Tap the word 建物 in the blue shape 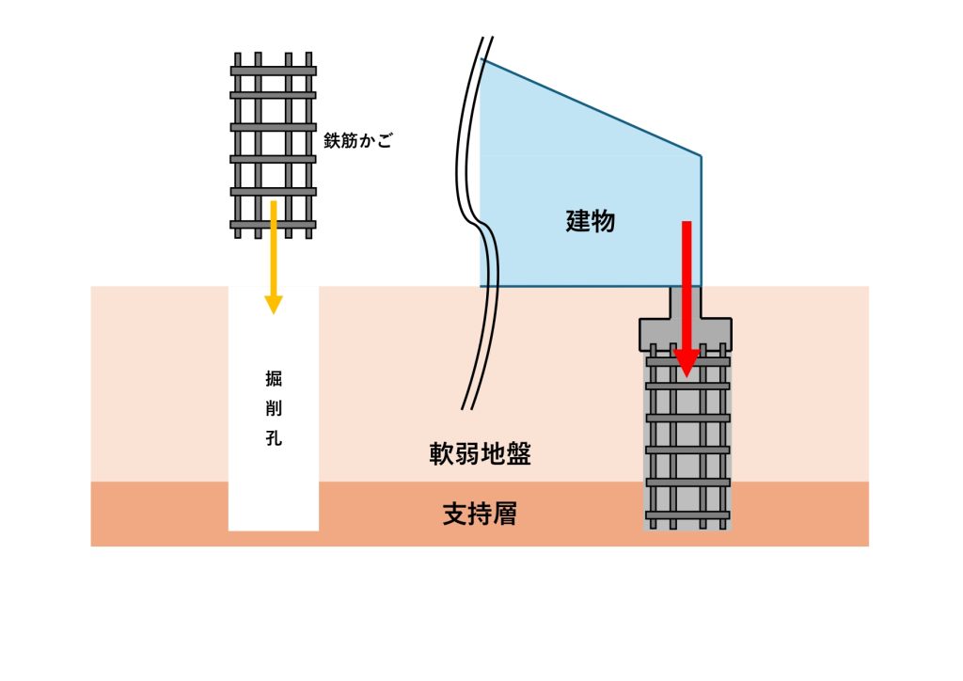pos(591,222)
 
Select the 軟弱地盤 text pos(480,454)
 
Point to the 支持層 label pos(480,515)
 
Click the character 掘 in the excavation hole pos(274,381)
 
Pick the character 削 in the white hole pos(274,410)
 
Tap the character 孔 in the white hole pos(274,439)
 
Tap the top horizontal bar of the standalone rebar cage pos(274,71)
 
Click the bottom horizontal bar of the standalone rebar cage pos(274,225)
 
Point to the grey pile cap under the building pos(686,332)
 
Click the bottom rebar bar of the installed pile pos(687,515)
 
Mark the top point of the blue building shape pos(481,60)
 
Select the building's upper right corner pos(701,155)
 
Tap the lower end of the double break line pos(467,408)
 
